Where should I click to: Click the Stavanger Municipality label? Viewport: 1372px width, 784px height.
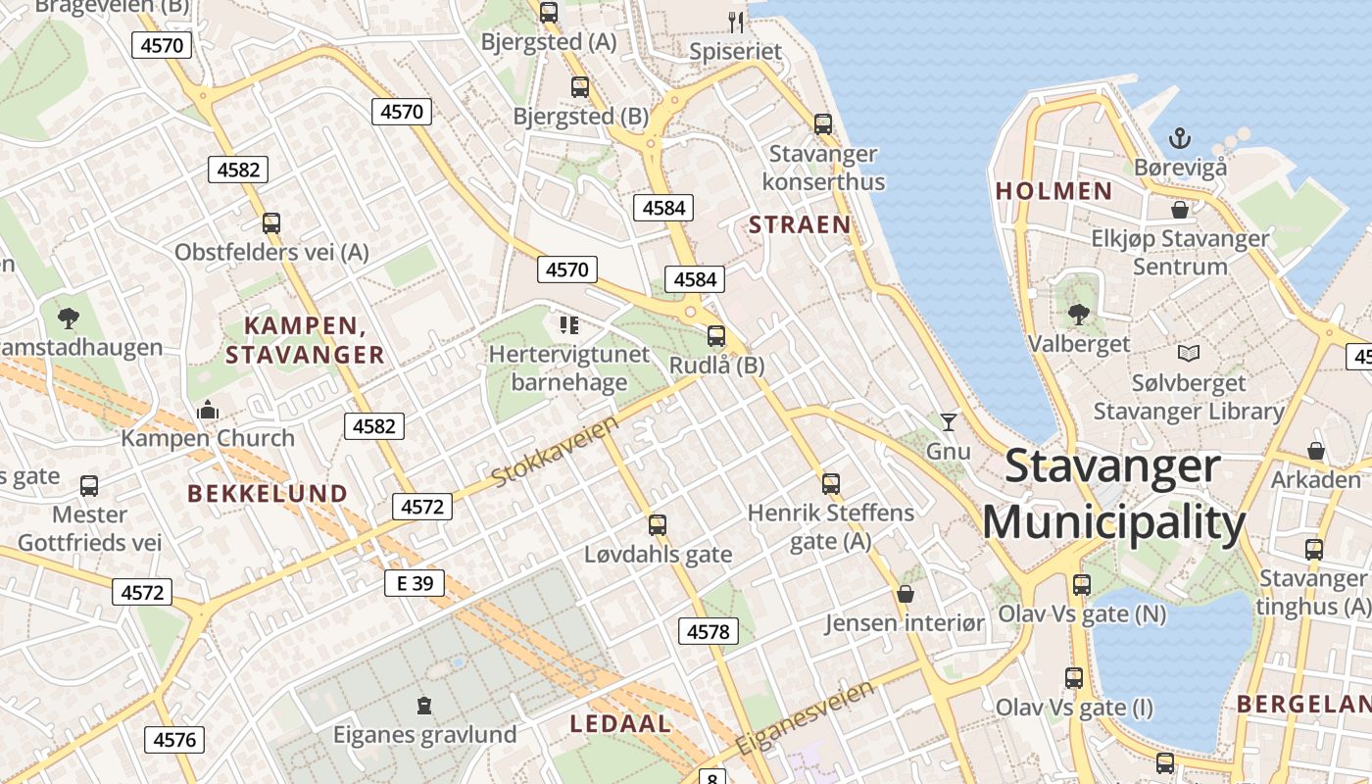[1113, 495]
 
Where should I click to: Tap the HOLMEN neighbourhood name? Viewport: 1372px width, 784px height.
[1054, 191]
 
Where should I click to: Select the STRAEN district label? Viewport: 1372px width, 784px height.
[800, 224]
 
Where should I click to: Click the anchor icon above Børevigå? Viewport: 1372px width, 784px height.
[1180, 137]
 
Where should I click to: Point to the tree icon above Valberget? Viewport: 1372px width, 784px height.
[1078, 315]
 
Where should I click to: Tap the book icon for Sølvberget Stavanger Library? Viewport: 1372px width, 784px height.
[1189, 353]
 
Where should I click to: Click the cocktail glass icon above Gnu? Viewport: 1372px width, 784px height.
[948, 422]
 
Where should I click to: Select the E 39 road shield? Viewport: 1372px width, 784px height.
[414, 583]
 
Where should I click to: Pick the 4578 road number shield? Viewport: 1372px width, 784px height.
[708, 632]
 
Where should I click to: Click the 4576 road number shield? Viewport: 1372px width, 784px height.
[174, 739]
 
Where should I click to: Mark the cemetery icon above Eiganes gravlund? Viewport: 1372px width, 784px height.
[424, 705]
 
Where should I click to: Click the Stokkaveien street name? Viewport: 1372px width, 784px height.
[556, 451]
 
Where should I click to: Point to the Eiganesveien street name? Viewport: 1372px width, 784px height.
[804, 718]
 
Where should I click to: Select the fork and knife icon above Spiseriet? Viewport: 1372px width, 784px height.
[736, 22]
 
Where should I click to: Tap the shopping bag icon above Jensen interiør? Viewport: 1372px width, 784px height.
[905, 594]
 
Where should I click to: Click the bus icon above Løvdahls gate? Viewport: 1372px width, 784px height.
[658, 524]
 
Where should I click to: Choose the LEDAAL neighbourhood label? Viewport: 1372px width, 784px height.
[620, 724]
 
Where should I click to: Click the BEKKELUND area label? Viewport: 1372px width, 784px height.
[268, 493]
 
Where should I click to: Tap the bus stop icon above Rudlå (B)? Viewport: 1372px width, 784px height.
[716, 336]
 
